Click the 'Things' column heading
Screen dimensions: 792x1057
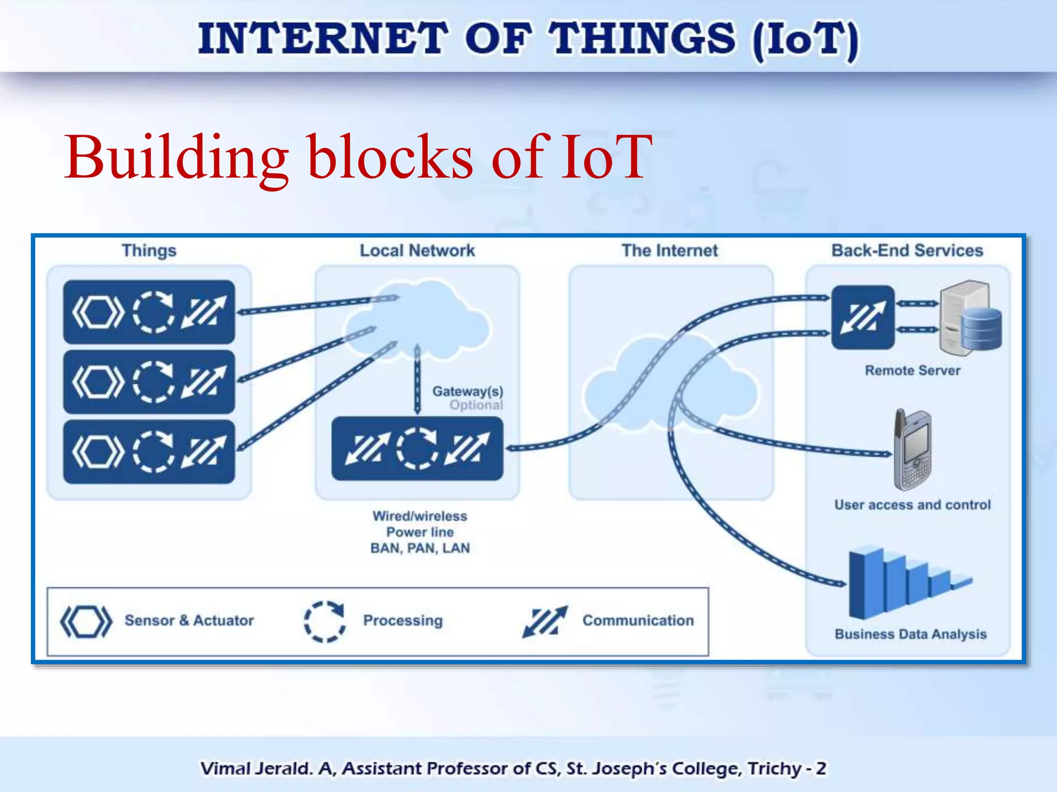click(x=149, y=251)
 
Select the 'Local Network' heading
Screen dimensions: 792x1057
click(x=417, y=251)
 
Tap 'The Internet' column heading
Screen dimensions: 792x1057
click(x=669, y=251)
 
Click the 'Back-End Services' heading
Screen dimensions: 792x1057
click(x=907, y=251)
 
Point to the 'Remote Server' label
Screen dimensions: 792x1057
click(x=912, y=370)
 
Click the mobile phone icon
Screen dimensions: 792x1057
click(x=912, y=450)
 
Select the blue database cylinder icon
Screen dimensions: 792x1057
click(x=981, y=328)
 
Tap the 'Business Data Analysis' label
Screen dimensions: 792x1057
click(x=910, y=634)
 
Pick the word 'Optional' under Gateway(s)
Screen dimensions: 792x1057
click(x=476, y=405)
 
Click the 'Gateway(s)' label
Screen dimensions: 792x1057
click(x=468, y=391)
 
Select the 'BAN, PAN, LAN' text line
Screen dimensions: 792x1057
click(x=420, y=548)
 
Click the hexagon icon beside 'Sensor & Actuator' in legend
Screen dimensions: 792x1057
click(x=86, y=621)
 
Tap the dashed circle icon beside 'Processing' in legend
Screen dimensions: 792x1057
click(x=324, y=621)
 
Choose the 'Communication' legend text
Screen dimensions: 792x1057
click(x=638, y=620)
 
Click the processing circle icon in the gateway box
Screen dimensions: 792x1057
click(x=417, y=449)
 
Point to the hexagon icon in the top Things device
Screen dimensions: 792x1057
click(x=98, y=312)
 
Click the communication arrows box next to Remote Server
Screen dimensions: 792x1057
click(x=862, y=317)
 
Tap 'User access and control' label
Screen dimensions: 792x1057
click(x=912, y=504)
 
